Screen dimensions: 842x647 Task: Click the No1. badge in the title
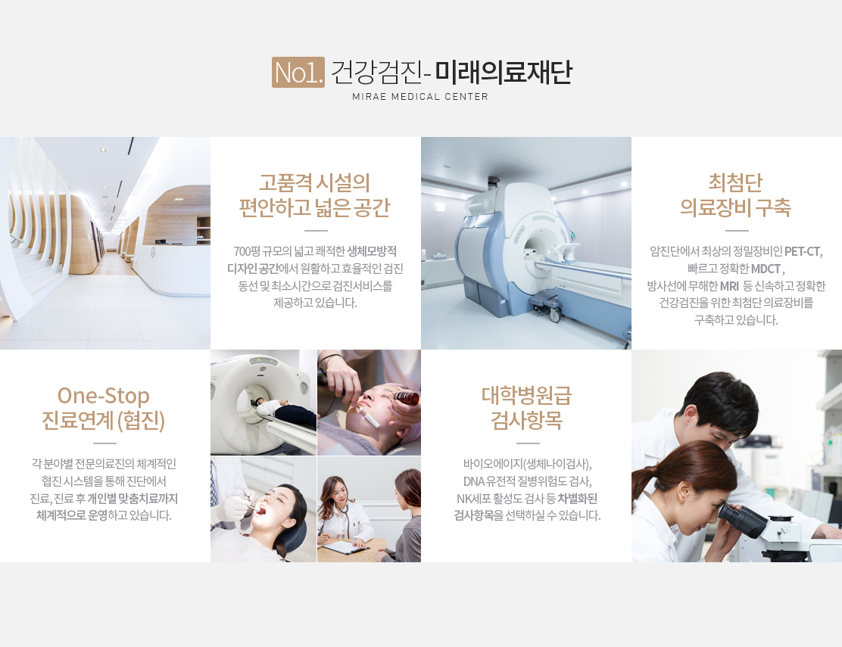(298, 72)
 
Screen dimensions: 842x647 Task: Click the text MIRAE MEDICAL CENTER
(420, 97)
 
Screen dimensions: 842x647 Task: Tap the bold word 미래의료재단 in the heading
(504, 72)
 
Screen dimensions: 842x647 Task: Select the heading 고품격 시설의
(315, 182)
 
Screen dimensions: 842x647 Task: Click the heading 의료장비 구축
(736, 207)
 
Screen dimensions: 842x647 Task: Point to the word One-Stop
(104, 395)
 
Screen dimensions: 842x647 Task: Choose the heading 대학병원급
(526, 395)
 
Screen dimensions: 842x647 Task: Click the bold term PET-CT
(803, 251)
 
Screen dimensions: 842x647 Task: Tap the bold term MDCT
(766, 269)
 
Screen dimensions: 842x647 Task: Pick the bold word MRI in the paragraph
(729, 286)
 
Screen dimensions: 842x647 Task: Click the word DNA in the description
(474, 481)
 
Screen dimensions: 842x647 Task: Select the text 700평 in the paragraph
(247, 251)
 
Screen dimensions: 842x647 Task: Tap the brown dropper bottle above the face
(407, 397)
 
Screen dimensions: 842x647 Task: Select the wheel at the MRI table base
(555, 316)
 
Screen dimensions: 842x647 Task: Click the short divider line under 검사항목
(527, 443)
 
